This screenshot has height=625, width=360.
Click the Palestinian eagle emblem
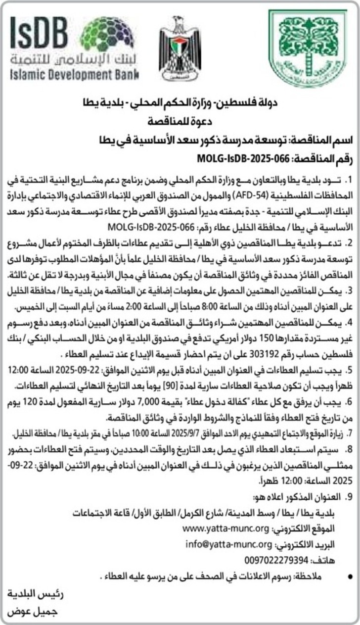180,49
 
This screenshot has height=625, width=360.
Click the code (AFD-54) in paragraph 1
218,191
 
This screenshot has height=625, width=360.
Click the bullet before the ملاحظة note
350,576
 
